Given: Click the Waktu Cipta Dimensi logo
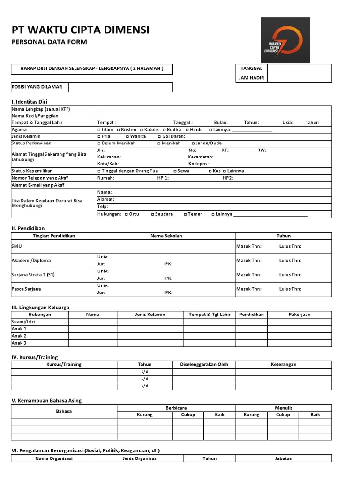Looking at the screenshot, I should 285,40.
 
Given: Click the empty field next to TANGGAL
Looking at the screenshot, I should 299,69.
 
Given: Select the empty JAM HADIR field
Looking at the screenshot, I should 299,79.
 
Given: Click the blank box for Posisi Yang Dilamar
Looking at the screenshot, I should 121,87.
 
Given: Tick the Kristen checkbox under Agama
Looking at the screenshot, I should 119,130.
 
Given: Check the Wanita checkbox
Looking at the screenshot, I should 127,136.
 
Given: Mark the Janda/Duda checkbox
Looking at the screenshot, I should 194,143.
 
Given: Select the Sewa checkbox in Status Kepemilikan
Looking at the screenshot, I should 175,171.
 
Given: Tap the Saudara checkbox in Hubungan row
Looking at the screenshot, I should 153,214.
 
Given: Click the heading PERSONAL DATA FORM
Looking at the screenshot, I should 49,42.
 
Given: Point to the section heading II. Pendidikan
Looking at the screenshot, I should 31,228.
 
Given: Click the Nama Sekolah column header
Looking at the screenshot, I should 166,236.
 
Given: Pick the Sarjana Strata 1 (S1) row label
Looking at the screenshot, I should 33,275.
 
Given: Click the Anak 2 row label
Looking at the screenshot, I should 19,336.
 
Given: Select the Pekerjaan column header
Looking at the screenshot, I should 299,315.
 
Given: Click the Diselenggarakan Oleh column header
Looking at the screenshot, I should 204,364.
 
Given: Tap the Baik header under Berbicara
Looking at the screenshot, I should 219,415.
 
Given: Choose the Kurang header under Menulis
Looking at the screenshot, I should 251,415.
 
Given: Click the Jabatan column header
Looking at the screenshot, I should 283,458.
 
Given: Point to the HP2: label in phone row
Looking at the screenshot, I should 228,178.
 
